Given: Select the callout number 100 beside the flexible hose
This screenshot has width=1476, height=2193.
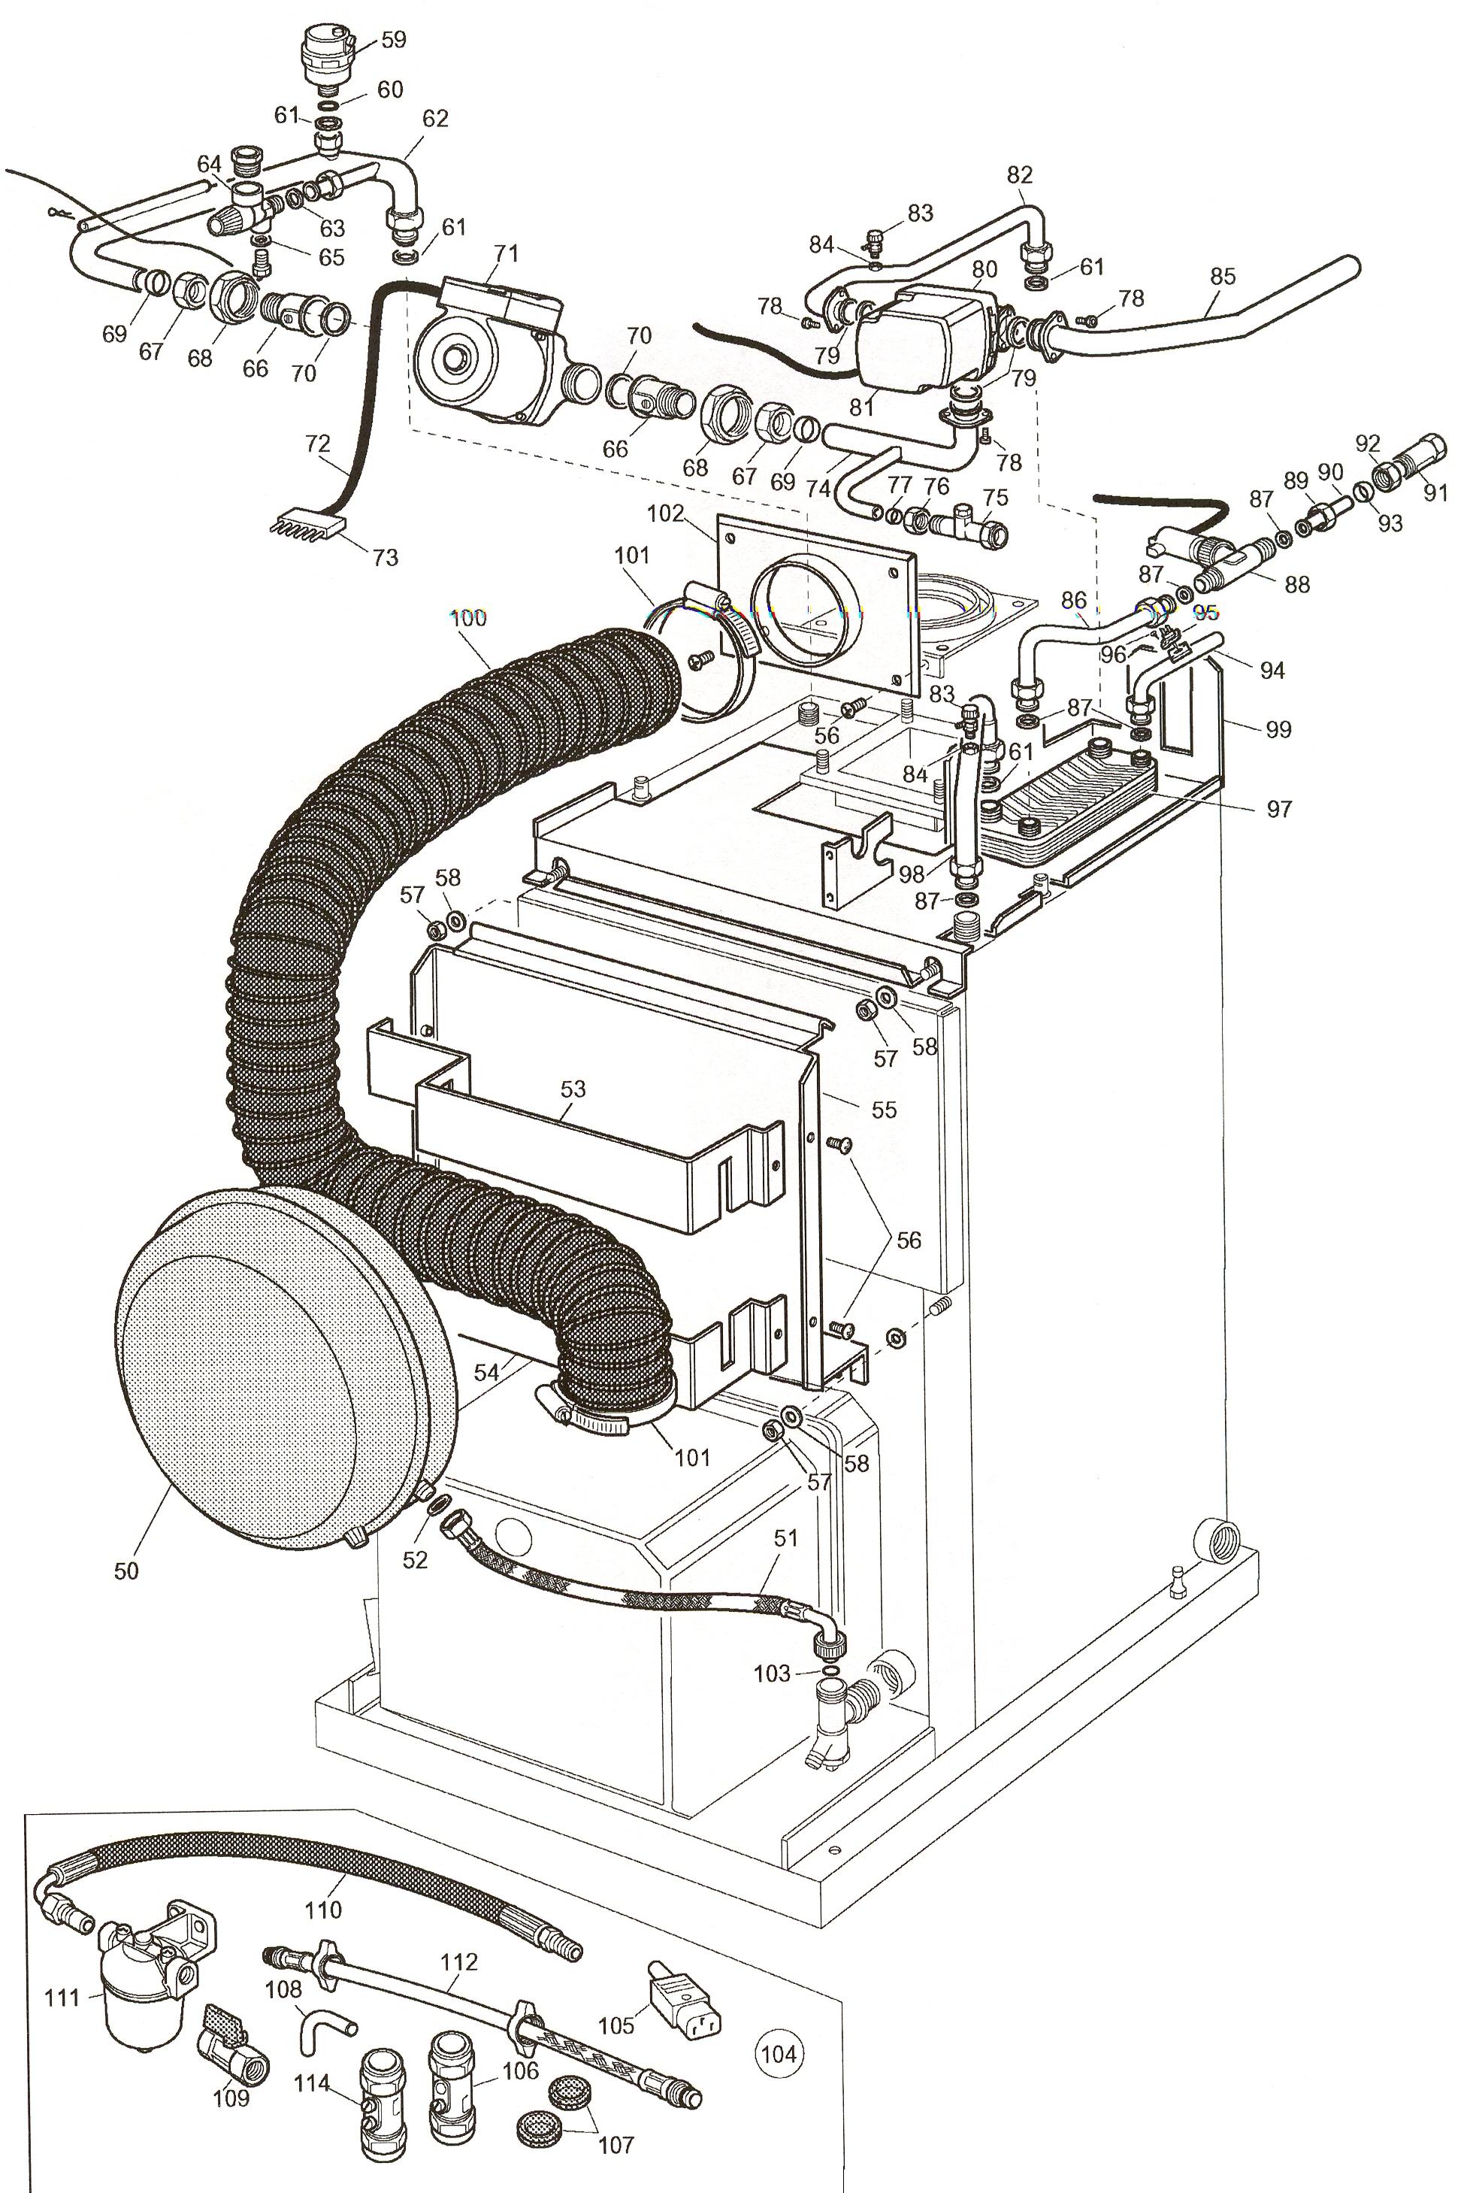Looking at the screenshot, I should (x=468, y=618).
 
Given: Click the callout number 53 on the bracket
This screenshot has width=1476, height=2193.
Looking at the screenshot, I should (x=573, y=1089).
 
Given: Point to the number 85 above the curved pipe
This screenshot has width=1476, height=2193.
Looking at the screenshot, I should (x=1222, y=276).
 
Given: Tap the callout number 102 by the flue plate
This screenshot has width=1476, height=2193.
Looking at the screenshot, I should (x=667, y=514).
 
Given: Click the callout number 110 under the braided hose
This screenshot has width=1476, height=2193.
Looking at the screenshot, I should (x=323, y=1910).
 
